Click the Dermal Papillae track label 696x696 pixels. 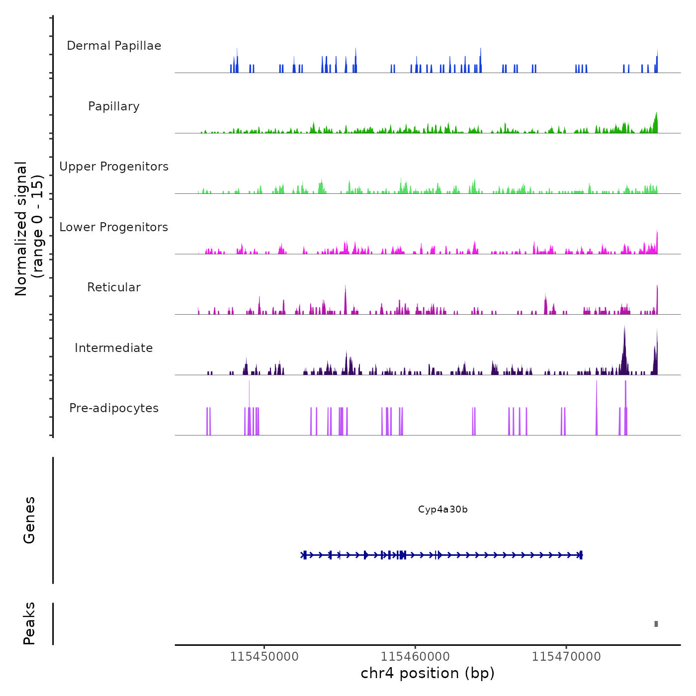(114, 46)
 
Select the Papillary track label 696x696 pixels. (114, 106)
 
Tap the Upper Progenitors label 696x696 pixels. (114, 167)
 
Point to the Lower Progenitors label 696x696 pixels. (114, 227)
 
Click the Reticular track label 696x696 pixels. (114, 287)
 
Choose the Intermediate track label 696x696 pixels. (114, 348)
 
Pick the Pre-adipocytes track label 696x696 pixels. (114, 408)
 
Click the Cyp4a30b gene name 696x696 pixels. (442, 510)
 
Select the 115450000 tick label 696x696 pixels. (264, 657)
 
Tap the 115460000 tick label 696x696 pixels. (415, 657)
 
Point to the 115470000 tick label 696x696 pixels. (566, 657)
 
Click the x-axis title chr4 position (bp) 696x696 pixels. (428, 673)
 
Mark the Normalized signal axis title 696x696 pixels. (29, 228)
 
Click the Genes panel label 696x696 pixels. (29, 520)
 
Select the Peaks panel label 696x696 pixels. (29, 623)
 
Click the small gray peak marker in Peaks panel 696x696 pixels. (656, 624)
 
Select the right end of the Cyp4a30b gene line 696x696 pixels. (581, 555)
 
